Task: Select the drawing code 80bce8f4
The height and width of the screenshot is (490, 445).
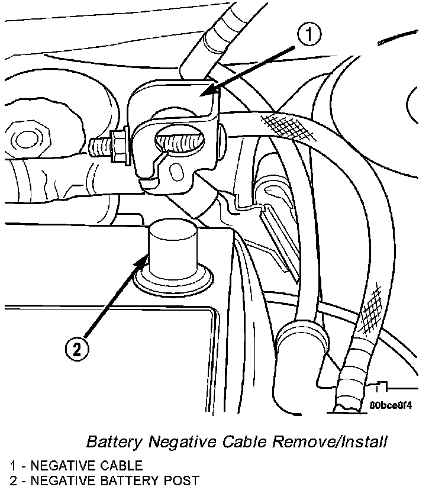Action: [390, 407]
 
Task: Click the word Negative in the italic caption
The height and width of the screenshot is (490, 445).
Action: [176, 442]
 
